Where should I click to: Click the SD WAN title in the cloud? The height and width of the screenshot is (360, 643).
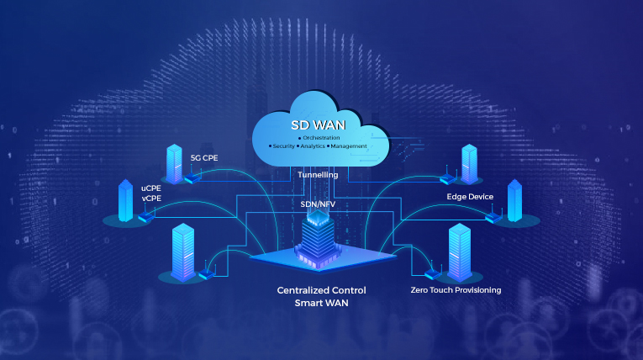click(x=319, y=124)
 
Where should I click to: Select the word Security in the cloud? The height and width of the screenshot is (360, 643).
click(x=281, y=146)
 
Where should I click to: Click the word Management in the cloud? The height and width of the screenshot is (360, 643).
click(x=348, y=146)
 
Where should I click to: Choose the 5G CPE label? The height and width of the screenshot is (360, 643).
click(x=204, y=157)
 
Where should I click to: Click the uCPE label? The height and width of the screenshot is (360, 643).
click(x=150, y=188)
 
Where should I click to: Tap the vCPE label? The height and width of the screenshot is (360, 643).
click(x=150, y=198)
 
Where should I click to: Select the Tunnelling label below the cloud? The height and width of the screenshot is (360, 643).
click(x=319, y=175)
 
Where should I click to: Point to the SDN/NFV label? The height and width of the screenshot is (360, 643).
click(x=319, y=204)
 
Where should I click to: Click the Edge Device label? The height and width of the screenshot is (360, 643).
click(x=470, y=196)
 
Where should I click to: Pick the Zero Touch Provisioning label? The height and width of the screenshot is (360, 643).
click(x=456, y=290)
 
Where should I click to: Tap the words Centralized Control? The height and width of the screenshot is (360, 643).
click(x=321, y=290)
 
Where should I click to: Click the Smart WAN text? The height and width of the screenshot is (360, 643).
click(x=321, y=304)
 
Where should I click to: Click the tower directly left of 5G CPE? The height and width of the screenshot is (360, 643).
click(x=175, y=163)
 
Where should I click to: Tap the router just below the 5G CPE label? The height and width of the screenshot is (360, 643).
click(x=192, y=177)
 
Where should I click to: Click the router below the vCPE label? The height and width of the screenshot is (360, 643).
click(x=148, y=216)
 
